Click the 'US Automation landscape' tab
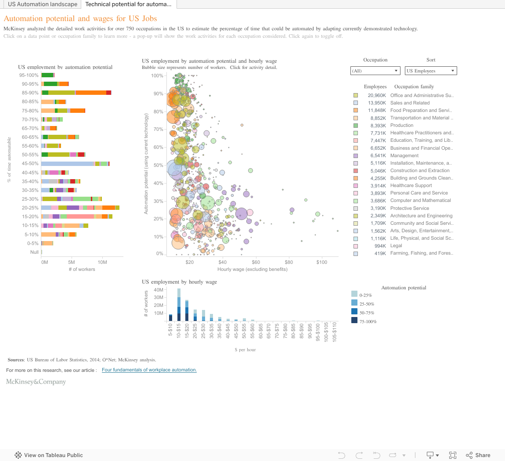coord(43,4)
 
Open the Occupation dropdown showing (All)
coord(375,71)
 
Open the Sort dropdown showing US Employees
coord(431,71)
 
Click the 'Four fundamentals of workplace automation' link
coord(149,370)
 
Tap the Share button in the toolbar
coord(478,455)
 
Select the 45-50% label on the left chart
coord(30,164)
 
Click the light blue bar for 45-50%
coord(68,164)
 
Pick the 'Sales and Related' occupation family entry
coord(410,103)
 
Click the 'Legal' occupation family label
coord(396,246)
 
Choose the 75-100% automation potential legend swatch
coord(354,321)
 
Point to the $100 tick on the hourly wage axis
coord(321,262)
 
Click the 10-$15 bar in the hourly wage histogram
coord(179,305)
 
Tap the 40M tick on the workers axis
coord(159,290)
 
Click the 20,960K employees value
coord(377,96)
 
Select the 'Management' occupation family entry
coord(404,155)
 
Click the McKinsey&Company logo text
coord(36,382)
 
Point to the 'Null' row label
coord(35,252)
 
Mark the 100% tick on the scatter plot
coord(157,76)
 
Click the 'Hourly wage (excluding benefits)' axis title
coord(252,269)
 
